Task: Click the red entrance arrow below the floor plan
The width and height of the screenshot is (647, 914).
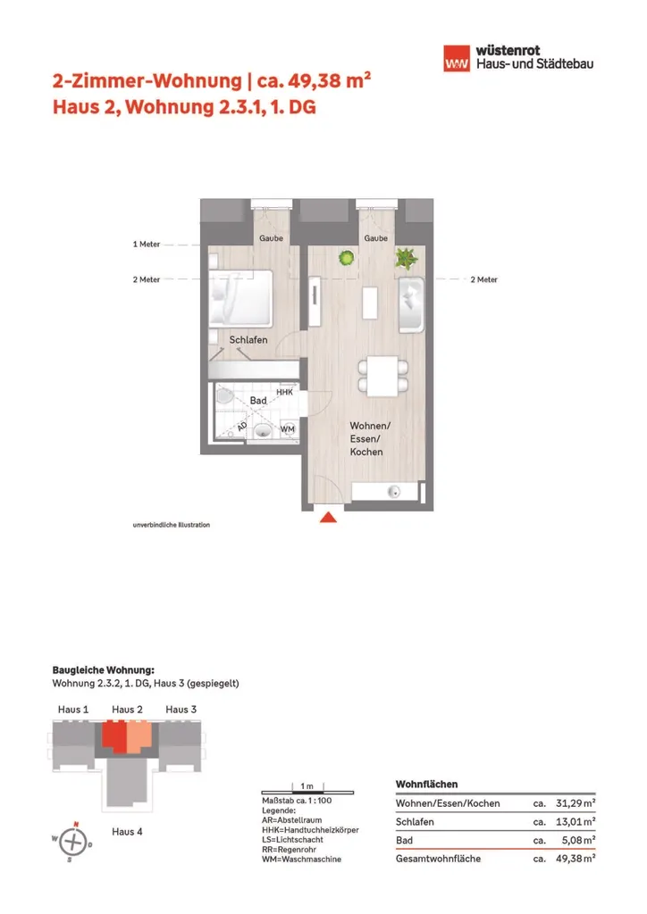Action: pyautogui.click(x=328, y=518)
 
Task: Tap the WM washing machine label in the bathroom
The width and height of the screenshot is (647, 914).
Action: pyautogui.click(x=288, y=430)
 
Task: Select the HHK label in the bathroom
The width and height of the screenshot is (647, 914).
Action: pyautogui.click(x=285, y=392)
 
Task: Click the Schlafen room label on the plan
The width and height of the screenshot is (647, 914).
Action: pyautogui.click(x=248, y=340)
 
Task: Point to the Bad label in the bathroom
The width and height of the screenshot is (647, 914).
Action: pyautogui.click(x=258, y=401)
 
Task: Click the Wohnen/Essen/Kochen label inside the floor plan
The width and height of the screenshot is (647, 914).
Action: pyautogui.click(x=366, y=438)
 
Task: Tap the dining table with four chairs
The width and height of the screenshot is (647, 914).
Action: pyautogui.click(x=384, y=376)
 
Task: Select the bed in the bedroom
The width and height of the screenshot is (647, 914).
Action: pyautogui.click(x=240, y=297)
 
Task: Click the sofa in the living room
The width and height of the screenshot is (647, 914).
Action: pyautogui.click(x=413, y=306)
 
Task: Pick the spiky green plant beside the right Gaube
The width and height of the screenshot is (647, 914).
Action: pyautogui.click(x=407, y=259)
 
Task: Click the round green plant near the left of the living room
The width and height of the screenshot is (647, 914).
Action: pyautogui.click(x=345, y=259)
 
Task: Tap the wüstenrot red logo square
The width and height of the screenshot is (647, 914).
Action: pyautogui.click(x=458, y=59)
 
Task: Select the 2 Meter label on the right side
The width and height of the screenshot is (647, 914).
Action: pyautogui.click(x=483, y=279)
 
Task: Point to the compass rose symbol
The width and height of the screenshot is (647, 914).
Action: pyautogui.click(x=75, y=840)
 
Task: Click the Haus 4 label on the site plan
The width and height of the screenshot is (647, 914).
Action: pyautogui.click(x=127, y=831)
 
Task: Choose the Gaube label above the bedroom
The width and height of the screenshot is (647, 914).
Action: pyautogui.click(x=271, y=239)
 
